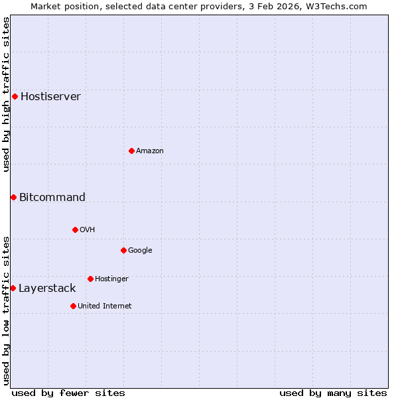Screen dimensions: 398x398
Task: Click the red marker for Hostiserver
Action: coord(15,96)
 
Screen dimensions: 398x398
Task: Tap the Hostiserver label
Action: coord(50,96)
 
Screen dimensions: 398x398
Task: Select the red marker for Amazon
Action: coord(131,151)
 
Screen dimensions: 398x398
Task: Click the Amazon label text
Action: coord(149,151)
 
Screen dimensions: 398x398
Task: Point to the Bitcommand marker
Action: coord(13,197)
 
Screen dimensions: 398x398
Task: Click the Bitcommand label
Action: coord(52,197)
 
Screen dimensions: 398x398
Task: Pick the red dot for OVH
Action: coord(75,230)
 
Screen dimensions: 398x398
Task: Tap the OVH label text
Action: coord(87,230)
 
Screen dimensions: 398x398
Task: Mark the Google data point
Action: coord(123,250)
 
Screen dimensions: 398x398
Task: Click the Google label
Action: coord(140,250)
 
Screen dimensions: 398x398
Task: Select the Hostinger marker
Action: coord(90,279)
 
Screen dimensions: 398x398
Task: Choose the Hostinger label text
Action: coord(111,279)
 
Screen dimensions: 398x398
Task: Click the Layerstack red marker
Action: coord(13,288)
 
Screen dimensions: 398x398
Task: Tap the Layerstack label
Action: coord(47,288)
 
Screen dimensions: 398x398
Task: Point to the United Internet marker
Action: coord(73,306)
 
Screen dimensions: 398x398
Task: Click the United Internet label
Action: coord(104,306)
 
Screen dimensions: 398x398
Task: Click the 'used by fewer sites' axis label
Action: coord(68,393)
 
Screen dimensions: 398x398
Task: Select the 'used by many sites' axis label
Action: coord(333,393)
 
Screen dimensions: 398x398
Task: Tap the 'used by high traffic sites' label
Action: coord(6,94)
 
